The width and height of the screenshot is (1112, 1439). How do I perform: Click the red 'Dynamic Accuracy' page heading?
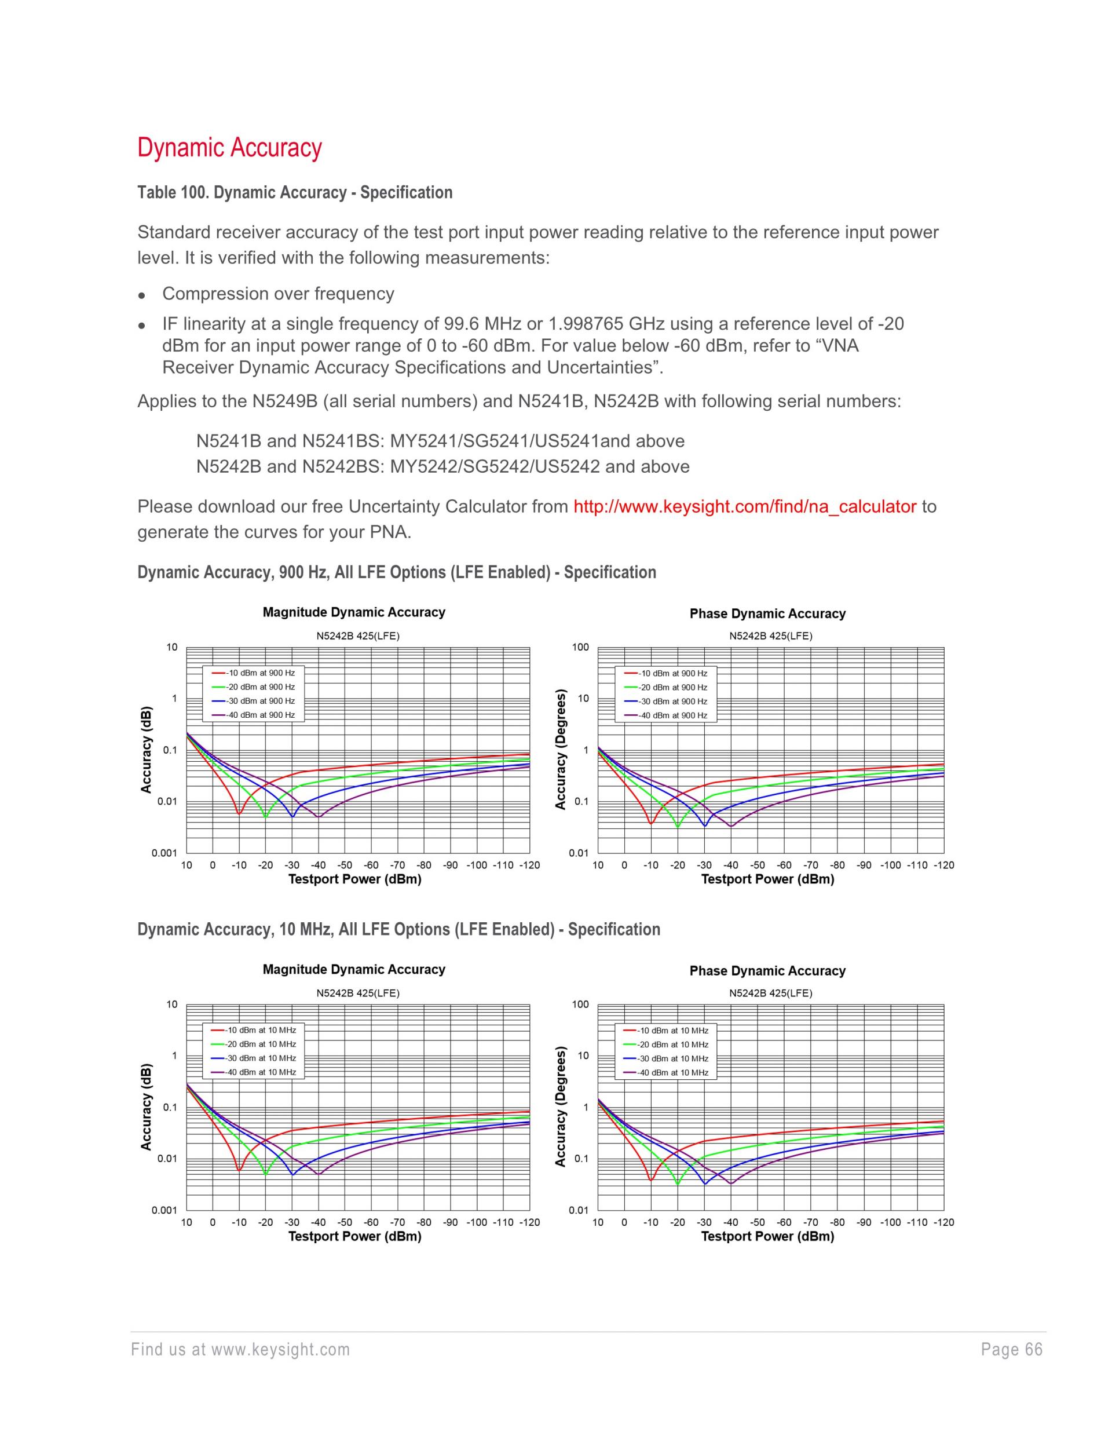pyautogui.click(x=229, y=148)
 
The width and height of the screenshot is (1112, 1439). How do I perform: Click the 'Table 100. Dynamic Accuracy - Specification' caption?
pyautogui.click(x=294, y=192)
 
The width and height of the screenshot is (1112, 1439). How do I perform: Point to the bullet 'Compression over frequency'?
pyautogui.click(x=278, y=293)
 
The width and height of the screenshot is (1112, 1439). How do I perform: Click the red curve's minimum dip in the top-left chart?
pyautogui.click(x=239, y=814)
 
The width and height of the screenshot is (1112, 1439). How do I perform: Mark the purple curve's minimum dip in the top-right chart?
pyautogui.click(x=730, y=826)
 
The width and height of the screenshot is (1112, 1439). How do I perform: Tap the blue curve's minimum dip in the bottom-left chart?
pyautogui.click(x=292, y=1174)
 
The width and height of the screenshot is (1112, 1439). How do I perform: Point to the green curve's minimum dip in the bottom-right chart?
pyautogui.click(x=678, y=1184)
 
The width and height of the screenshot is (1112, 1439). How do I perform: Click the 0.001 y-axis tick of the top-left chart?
pyautogui.click(x=164, y=853)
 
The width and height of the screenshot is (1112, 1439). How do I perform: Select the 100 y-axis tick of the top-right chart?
pyautogui.click(x=580, y=647)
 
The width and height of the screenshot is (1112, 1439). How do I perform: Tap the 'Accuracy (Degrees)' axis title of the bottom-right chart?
pyautogui.click(x=561, y=1107)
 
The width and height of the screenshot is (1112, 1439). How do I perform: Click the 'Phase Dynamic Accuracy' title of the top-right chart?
pyautogui.click(x=767, y=613)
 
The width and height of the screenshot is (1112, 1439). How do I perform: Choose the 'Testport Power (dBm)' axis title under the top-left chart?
pyautogui.click(x=354, y=879)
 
